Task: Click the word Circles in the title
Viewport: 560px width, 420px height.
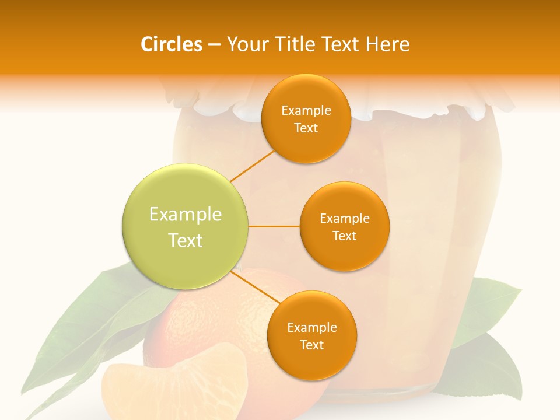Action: [171, 44]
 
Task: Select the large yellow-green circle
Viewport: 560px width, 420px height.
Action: [185, 226]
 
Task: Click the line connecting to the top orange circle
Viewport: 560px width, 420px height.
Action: [252, 165]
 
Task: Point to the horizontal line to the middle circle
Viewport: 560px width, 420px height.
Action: [274, 226]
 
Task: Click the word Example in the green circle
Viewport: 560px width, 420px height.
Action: [185, 214]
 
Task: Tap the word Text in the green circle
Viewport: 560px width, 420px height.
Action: [185, 240]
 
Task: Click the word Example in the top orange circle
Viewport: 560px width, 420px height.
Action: [306, 110]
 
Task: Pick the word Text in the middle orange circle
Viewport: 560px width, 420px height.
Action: [344, 236]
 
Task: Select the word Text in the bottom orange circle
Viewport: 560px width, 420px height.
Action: [311, 345]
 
